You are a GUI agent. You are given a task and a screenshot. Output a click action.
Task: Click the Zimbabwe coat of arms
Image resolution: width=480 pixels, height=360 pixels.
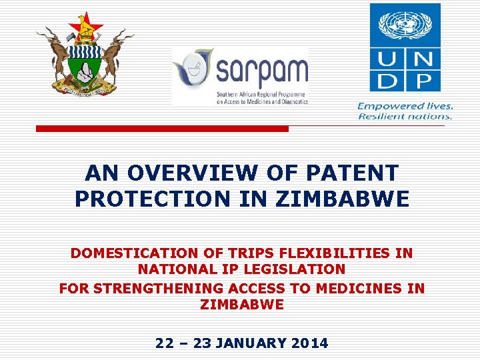point(85,56)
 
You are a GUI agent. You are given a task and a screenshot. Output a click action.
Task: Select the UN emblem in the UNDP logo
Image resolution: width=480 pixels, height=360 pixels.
point(405,25)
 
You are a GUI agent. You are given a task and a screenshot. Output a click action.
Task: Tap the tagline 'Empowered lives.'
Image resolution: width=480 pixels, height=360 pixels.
point(405,106)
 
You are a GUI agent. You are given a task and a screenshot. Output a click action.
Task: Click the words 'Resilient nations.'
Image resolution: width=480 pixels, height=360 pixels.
point(405,116)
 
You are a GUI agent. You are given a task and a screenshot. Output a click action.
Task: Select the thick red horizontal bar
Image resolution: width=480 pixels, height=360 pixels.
point(162,128)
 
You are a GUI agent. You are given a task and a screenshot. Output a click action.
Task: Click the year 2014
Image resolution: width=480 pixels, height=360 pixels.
point(309,343)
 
